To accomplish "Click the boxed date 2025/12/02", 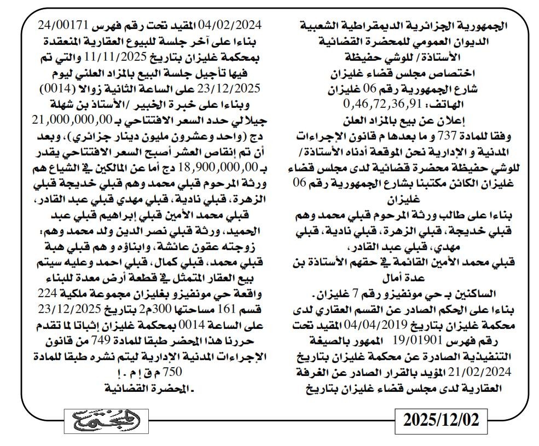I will [441, 420].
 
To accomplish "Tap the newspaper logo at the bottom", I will [106, 420].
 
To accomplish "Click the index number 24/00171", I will [59, 25].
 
